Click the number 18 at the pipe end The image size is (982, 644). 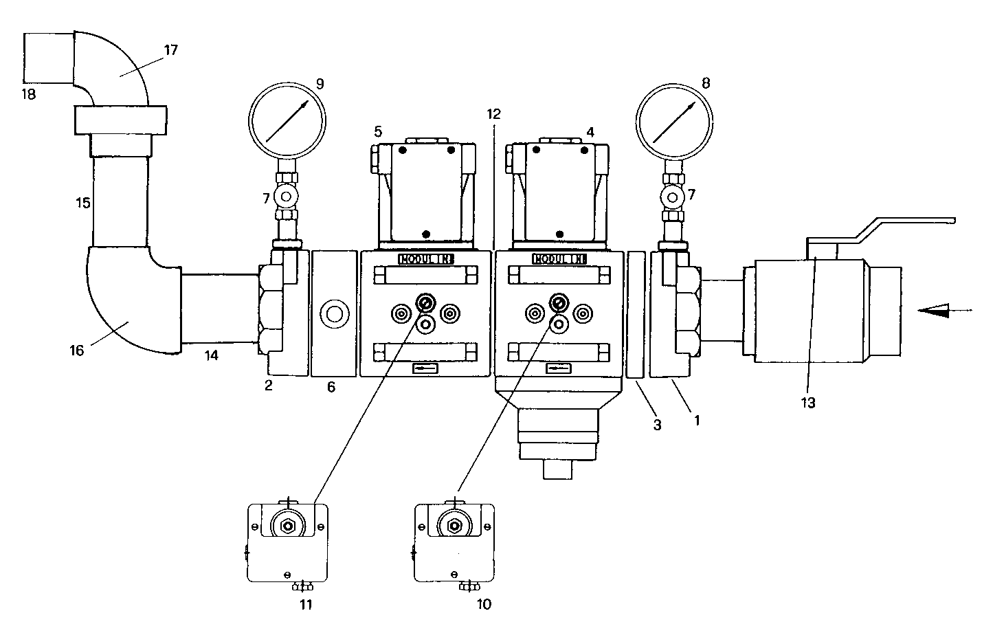(28, 94)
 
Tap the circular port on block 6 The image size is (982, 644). (335, 314)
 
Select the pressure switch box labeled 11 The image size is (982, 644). (287, 543)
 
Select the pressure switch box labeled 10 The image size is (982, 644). (454, 543)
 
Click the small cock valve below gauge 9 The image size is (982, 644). (284, 198)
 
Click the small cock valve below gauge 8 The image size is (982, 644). (673, 198)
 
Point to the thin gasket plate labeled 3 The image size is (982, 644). (636, 314)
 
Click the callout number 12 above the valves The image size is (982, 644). (493, 114)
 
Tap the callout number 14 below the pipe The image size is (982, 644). (211, 355)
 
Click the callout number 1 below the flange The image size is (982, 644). (697, 419)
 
